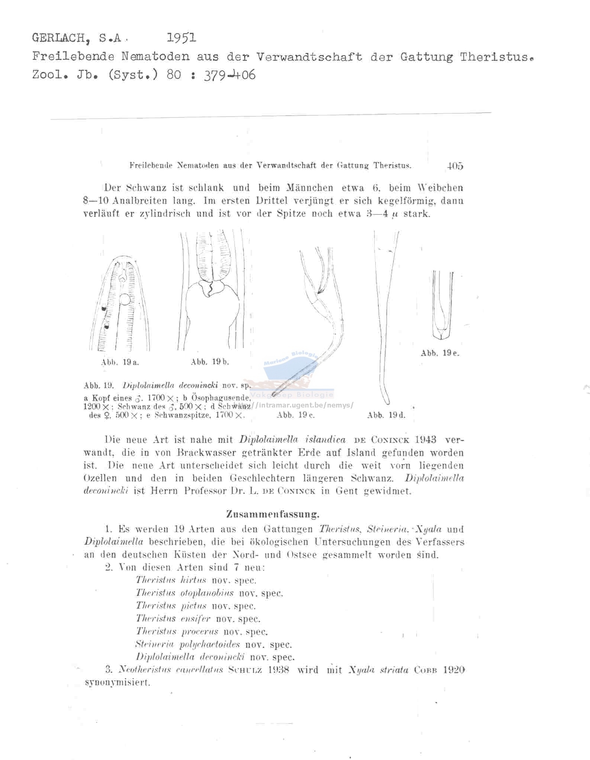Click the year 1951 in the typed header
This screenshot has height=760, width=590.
click(x=181, y=38)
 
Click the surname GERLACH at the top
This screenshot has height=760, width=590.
click(x=62, y=38)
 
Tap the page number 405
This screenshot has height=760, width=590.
click(x=455, y=166)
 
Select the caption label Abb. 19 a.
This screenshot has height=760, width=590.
click(x=120, y=363)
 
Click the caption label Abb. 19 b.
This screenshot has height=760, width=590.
click(x=210, y=362)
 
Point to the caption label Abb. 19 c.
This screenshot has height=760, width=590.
click(x=296, y=415)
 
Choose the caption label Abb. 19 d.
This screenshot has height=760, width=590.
click(x=386, y=415)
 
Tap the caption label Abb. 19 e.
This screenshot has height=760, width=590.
click(x=440, y=353)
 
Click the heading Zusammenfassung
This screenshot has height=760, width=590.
click(x=273, y=515)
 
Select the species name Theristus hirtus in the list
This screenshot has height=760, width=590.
click(x=171, y=580)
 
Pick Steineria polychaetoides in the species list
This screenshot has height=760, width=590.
click(x=187, y=644)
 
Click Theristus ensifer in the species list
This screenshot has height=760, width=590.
click(x=173, y=619)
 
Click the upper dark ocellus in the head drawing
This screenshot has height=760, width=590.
click(x=104, y=308)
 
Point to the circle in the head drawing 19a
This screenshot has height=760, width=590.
click(x=125, y=299)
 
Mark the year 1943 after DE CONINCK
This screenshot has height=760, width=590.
click(x=425, y=440)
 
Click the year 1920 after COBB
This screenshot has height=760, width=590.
click(x=454, y=670)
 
